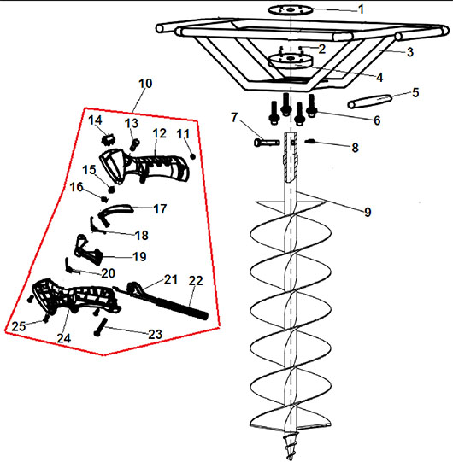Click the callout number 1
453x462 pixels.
tap(361, 9)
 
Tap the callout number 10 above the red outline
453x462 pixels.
tap(145, 84)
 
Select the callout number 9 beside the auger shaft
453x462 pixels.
tap(368, 212)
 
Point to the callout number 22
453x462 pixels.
tap(196, 281)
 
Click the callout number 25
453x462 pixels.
tap(19, 326)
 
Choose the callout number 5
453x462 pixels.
tap(415, 92)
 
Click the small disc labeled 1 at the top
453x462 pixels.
tap(291, 10)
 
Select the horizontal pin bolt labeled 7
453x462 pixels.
tap(267, 143)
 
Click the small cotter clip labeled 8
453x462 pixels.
tap(310, 142)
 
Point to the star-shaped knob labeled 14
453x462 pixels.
tap(108, 139)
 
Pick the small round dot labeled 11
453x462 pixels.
tap(193, 156)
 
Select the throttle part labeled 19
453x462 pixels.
tap(87, 250)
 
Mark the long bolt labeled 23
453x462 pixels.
tap(100, 327)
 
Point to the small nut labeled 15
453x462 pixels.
tap(111, 190)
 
